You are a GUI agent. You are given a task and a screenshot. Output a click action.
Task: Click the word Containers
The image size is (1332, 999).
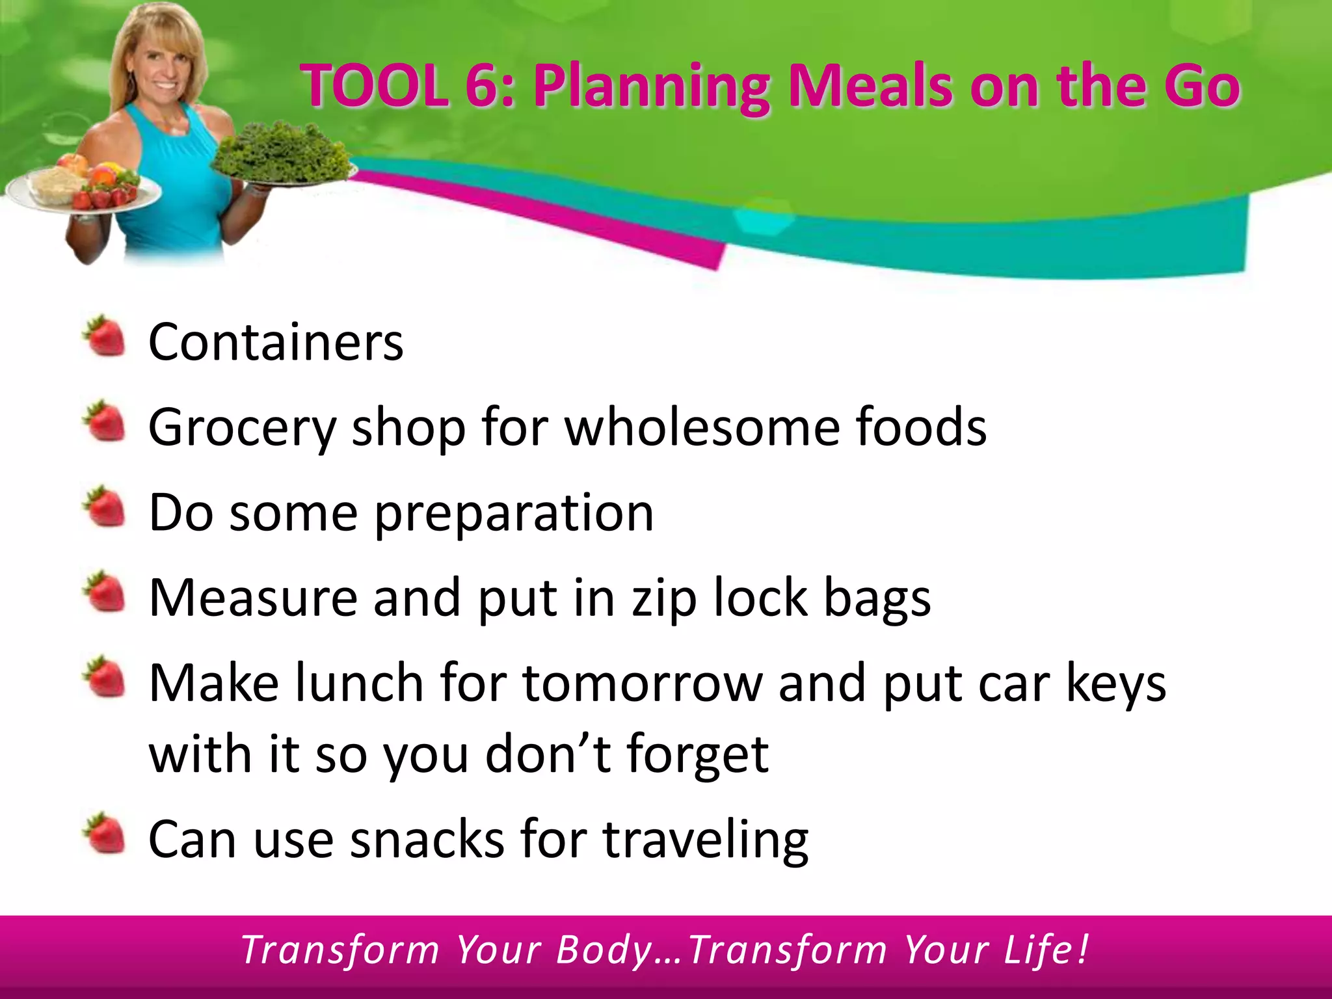276,342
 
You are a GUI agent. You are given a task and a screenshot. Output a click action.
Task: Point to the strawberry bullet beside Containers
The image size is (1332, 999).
104,336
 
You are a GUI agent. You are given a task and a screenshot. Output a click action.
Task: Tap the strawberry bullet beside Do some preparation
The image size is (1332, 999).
104,507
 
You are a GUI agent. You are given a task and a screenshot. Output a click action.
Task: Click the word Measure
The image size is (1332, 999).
253,598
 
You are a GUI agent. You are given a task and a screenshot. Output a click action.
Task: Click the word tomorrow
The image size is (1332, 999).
643,684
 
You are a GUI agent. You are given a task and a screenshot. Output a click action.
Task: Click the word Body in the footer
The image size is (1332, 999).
604,950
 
